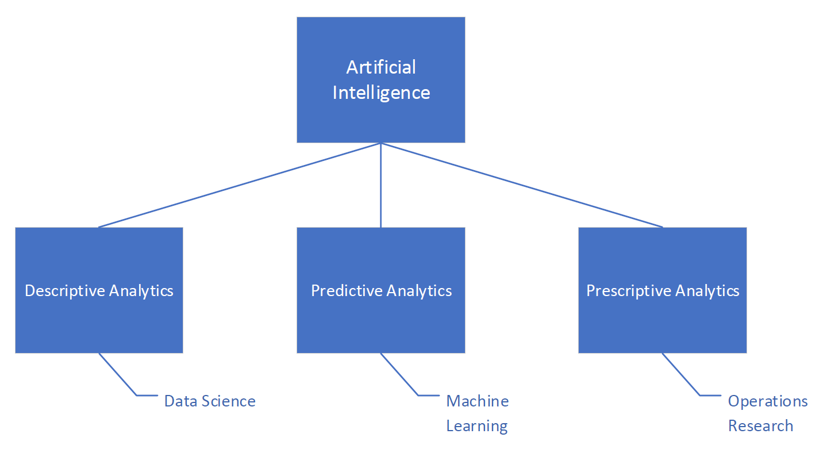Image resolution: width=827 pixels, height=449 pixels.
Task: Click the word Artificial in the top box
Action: pyautogui.click(x=381, y=67)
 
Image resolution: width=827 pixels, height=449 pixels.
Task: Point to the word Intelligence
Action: pyautogui.click(x=381, y=93)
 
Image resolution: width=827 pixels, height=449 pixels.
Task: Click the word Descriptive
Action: pyautogui.click(x=65, y=291)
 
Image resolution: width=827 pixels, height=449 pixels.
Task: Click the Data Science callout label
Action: pyautogui.click(x=210, y=401)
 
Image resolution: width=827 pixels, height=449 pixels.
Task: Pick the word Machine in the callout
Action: pyautogui.click(x=478, y=401)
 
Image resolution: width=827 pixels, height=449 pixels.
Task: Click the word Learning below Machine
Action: pyautogui.click(x=477, y=426)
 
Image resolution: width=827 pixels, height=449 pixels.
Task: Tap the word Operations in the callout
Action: pyautogui.click(x=768, y=401)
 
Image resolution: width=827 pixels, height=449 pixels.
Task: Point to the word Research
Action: pyautogui.click(x=760, y=426)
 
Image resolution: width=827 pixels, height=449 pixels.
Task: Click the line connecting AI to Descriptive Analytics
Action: pyautogui.click(x=240, y=185)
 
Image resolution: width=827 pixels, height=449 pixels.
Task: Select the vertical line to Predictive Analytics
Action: pyautogui.click(x=380, y=185)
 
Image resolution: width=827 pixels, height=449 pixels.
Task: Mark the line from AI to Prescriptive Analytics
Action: pyautogui.click(x=522, y=185)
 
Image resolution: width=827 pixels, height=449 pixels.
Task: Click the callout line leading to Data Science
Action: pyautogui.click(x=118, y=374)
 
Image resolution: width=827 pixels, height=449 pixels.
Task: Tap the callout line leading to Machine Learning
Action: pyautogui.click(x=399, y=374)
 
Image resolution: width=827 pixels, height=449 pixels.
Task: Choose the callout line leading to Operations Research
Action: pyautogui.click(x=681, y=374)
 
